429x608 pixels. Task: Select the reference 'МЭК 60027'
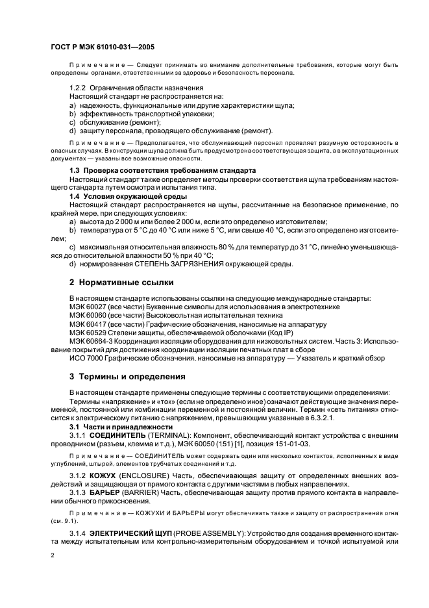click(90, 306)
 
